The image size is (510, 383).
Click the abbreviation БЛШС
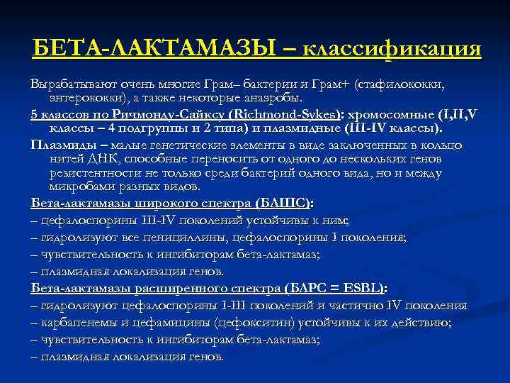[x=284, y=203]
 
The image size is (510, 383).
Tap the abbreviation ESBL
[x=360, y=289]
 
